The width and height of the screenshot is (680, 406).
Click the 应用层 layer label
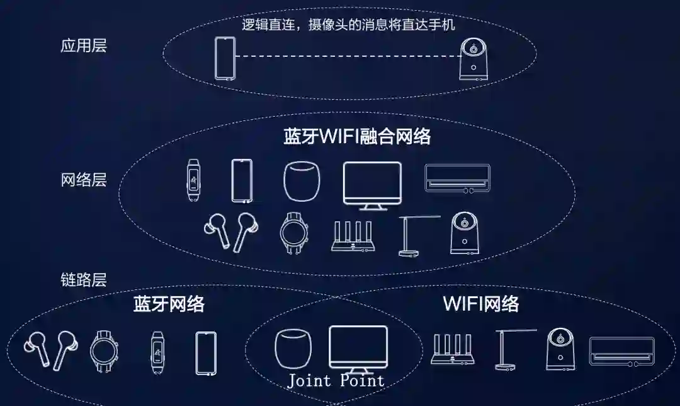(84, 47)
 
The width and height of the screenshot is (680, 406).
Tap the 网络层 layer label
(84, 180)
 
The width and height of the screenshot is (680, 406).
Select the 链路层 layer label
(84, 279)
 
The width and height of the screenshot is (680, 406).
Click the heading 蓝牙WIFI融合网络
(357, 137)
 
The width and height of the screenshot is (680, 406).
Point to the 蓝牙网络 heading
(169, 304)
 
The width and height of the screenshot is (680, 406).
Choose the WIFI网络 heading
(481, 304)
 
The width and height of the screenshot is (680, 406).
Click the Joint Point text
(336, 381)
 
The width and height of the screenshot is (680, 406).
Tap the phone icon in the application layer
(225, 59)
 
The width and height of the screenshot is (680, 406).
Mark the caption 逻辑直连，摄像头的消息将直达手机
(348, 25)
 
